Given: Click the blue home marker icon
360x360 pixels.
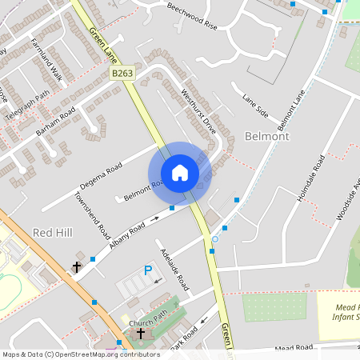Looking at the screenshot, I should pos(180,173).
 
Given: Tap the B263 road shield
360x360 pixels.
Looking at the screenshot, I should pos(122,73).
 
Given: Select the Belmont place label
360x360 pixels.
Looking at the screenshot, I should pos(267,137).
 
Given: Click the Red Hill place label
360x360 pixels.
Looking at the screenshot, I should pos(52,231).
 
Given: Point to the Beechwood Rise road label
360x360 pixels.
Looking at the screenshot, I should pos(192,16).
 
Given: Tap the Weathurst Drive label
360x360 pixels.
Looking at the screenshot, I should pos(199,110).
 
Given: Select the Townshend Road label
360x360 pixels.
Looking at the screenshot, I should pos(92,215).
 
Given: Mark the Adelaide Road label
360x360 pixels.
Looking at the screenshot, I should pos(174,270).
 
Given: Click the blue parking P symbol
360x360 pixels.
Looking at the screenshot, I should pos(147,271).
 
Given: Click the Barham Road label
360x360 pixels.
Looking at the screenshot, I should pos(55,120).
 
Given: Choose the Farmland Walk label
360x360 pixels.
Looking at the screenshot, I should pos(46,60).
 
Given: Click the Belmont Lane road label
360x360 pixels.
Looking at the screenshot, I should pos(291,110).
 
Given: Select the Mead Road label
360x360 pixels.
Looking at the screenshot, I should pos(293,348).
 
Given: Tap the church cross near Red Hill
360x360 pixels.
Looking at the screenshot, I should pos(78,266).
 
